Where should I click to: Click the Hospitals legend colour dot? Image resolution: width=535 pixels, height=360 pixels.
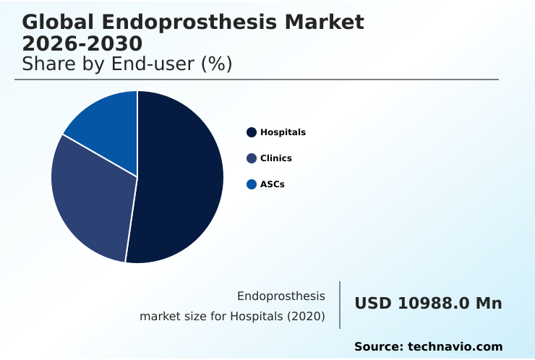252,132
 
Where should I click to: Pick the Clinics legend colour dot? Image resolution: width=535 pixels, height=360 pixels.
252,158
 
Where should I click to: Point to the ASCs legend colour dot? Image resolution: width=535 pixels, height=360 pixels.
252,184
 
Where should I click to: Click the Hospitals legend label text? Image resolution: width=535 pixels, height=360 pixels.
283,132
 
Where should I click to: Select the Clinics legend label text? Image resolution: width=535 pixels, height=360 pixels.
276,158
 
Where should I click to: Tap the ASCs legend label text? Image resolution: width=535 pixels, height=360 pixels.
273,184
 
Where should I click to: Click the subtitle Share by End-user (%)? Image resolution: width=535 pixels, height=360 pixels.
127,64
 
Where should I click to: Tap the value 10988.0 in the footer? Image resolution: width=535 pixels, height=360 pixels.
431,304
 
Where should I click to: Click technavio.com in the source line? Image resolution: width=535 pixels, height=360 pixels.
455,347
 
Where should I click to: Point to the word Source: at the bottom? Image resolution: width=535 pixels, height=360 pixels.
378,347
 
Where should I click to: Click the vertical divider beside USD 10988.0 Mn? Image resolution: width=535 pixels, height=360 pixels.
340,304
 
